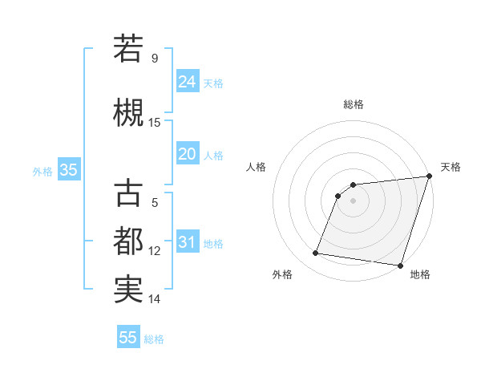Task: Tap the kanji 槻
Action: pyautogui.click(x=128, y=112)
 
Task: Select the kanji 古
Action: pyautogui.click(x=128, y=194)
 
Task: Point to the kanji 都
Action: pyautogui.click(x=128, y=241)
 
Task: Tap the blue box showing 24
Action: pyautogui.click(x=188, y=82)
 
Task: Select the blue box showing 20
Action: pyautogui.click(x=188, y=154)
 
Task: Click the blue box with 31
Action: pyautogui.click(x=188, y=242)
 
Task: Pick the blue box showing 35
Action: pyautogui.click(x=68, y=170)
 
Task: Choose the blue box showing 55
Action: pyautogui.click(x=128, y=338)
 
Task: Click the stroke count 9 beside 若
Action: pyautogui.click(x=155, y=59)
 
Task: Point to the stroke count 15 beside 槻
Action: pyautogui.click(x=155, y=123)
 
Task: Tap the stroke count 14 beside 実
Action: pyautogui.click(x=155, y=300)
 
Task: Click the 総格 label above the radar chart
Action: pyautogui.click(x=354, y=104)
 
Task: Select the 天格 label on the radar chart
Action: pyautogui.click(x=451, y=167)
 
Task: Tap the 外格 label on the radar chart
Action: pyautogui.click(x=282, y=274)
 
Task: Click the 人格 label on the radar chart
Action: pyautogui.click(x=257, y=167)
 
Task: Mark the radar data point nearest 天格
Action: pyautogui.click(x=429, y=176)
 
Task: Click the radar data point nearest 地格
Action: pyautogui.click(x=400, y=265)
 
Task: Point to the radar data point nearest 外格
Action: pyautogui.click(x=315, y=253)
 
